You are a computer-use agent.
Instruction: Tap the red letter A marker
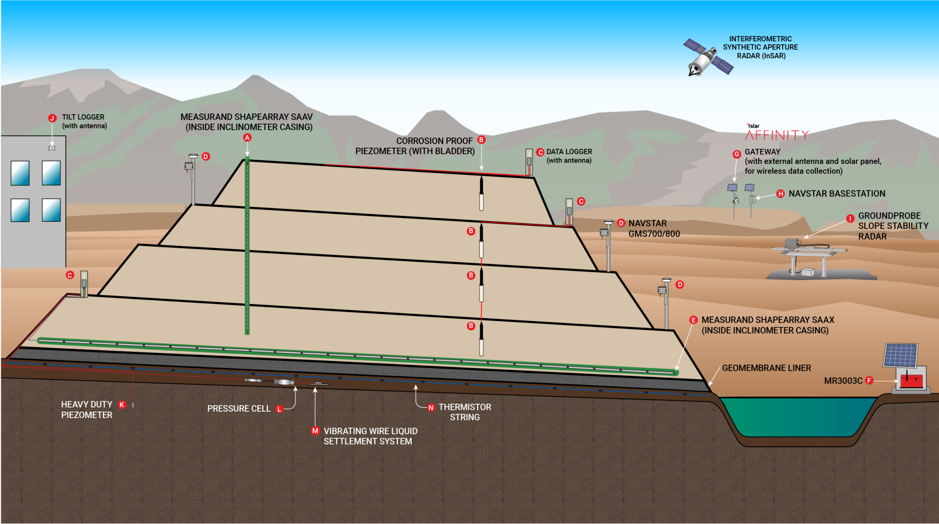click(247, 137)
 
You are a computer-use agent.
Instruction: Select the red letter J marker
click(53, 118)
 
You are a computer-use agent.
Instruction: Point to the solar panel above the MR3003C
click(901, 355)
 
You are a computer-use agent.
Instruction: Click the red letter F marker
click(869, 381)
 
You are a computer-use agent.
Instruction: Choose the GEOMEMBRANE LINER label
click(766, 368)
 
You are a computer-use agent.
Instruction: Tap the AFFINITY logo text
click(777, 135)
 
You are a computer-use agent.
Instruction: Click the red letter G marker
click(737, 154)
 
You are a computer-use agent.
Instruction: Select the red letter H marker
click(780, 194)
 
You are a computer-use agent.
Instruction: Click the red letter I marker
click(850, 219)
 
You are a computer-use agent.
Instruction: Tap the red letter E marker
click(693, 320)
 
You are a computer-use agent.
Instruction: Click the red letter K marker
click(122, 405)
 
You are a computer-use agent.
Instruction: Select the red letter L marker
click(279, 409)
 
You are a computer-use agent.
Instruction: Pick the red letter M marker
click(315, 431)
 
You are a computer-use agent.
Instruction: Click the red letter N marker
click(431, 407)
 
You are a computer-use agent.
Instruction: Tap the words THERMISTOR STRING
click(464, 412)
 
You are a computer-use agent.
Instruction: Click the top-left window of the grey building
click(20, 173)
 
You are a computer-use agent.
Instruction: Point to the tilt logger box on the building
click(52, 148)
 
